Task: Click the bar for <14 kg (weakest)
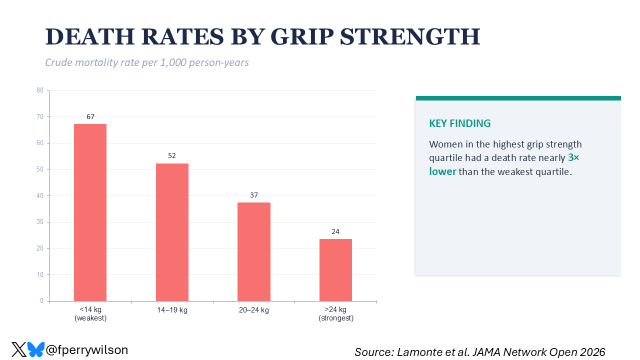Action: click(x=90, y=212)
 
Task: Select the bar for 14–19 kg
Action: click(x=172, y=232)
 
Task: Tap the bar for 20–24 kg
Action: click(x=254, y=251)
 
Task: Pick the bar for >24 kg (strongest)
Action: click(x=335, y=270)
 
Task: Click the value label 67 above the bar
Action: click(x=90, y=116)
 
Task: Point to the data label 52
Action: click(x=172, y=155)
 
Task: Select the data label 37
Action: click(x=254, y=195)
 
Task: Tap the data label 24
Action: click(x=335, y=231)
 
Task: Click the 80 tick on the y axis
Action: click(x=40, y=90)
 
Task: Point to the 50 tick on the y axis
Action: click(x=40, y=169)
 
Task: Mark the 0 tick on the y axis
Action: click(x=41, y=301)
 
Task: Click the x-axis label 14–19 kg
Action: click(x=172, y=310)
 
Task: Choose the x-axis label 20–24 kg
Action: click(x=254, y=310)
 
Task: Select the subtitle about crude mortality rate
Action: click(x=147, y=62)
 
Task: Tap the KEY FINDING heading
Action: click(x=460, y=123)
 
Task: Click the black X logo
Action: click(x=19, y=349)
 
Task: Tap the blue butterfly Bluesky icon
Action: click(x=35, y=349)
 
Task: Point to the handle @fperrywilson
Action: click(x=86, y=349)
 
